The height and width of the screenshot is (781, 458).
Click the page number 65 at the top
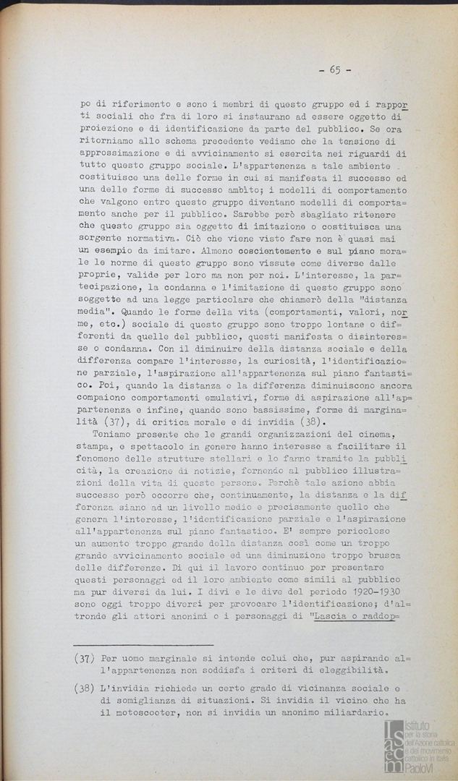pos(334,69)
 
